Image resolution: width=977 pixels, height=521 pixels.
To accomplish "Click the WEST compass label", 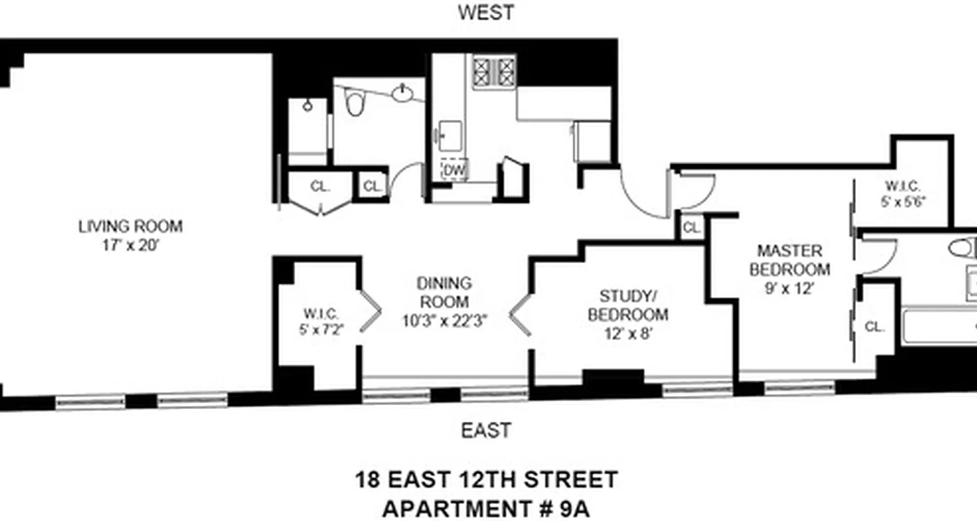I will point(486,12).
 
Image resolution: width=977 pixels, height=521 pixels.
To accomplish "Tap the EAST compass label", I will point(486,430).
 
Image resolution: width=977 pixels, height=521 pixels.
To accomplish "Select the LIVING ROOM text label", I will point(130,227).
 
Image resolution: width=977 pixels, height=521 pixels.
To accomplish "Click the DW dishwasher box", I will point(455,170).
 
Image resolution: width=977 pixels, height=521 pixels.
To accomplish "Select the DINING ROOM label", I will point(444,292).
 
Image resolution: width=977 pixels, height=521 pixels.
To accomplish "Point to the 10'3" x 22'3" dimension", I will point(444,320).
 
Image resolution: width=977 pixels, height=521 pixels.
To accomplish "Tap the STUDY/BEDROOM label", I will point(628,305).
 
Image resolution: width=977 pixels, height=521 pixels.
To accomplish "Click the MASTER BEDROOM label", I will point(789,260).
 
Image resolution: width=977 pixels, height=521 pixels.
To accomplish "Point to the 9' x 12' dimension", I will point(789,289).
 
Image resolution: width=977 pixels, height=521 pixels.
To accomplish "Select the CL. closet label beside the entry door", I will point(692,229).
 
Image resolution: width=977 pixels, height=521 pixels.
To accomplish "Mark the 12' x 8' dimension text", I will point(628,334).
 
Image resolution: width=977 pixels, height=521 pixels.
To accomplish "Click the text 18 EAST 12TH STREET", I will point(486,481).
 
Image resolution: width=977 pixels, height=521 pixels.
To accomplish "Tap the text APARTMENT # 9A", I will point(486,508).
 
